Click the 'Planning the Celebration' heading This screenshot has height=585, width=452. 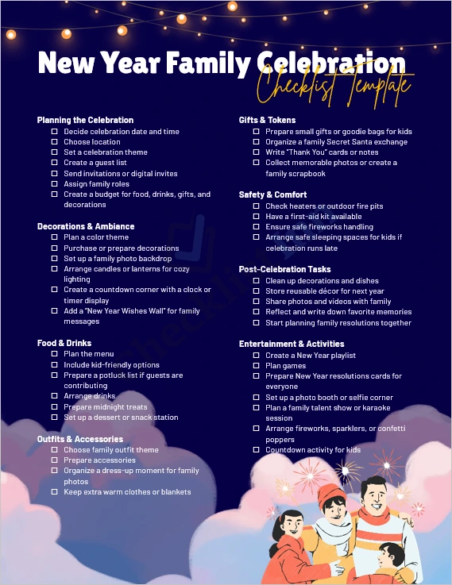[85, 120]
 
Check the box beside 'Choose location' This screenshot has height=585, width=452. [55, 142]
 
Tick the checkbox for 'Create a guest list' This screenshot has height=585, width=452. [55, 163]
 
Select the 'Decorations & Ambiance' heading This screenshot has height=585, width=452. [86, 226]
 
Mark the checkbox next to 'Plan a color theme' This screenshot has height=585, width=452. [55, 237]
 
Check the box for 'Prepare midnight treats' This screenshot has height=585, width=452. [55, 407]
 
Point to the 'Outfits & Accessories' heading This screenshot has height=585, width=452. [79, 439]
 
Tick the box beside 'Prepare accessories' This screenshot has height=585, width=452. [55, 460]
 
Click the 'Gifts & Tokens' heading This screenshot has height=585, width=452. [267, 120]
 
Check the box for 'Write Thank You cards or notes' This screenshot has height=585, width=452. [257, 152]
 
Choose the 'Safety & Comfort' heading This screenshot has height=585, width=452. [272, 194]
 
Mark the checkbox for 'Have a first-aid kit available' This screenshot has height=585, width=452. [257, 217]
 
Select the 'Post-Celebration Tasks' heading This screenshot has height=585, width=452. [285, 269]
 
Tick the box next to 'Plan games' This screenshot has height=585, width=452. [257, 366]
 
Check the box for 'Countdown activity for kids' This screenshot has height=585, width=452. [257, 450]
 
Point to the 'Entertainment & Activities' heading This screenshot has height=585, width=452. [292, 344]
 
